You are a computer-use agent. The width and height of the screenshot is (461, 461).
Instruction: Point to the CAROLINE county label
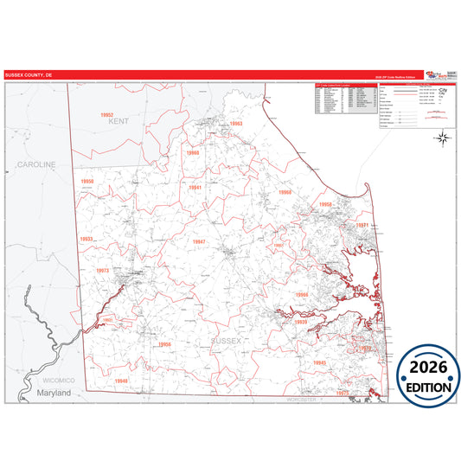tap(36, 163)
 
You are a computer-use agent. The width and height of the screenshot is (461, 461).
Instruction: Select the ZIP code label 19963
tap(236, 124)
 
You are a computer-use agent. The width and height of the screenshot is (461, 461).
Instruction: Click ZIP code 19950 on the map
tap(86, 181)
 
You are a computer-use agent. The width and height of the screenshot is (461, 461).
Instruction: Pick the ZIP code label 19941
tap(195, 187)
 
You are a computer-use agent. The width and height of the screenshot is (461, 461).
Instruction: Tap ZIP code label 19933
tap(86, 239)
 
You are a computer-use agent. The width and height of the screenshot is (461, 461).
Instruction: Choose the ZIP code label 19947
tap(200, 241)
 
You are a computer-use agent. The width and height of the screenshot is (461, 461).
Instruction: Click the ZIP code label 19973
tap(103, 271)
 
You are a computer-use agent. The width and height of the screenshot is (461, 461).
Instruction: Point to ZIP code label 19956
tap(164, 344)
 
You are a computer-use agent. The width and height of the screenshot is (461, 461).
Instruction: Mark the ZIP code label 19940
tap(121, 381)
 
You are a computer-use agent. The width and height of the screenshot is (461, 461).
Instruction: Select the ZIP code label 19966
tap(301, 295)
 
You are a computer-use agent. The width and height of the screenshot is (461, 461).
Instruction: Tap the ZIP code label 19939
tap(301, 322)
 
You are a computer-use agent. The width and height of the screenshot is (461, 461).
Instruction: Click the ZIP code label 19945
tap(319, 362)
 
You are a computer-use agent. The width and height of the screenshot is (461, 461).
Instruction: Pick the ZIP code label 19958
tap(325, 204)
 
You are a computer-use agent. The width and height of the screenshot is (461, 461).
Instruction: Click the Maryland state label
tap(54, 393)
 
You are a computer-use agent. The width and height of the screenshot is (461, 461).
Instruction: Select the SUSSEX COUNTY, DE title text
tap(29, 75)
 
